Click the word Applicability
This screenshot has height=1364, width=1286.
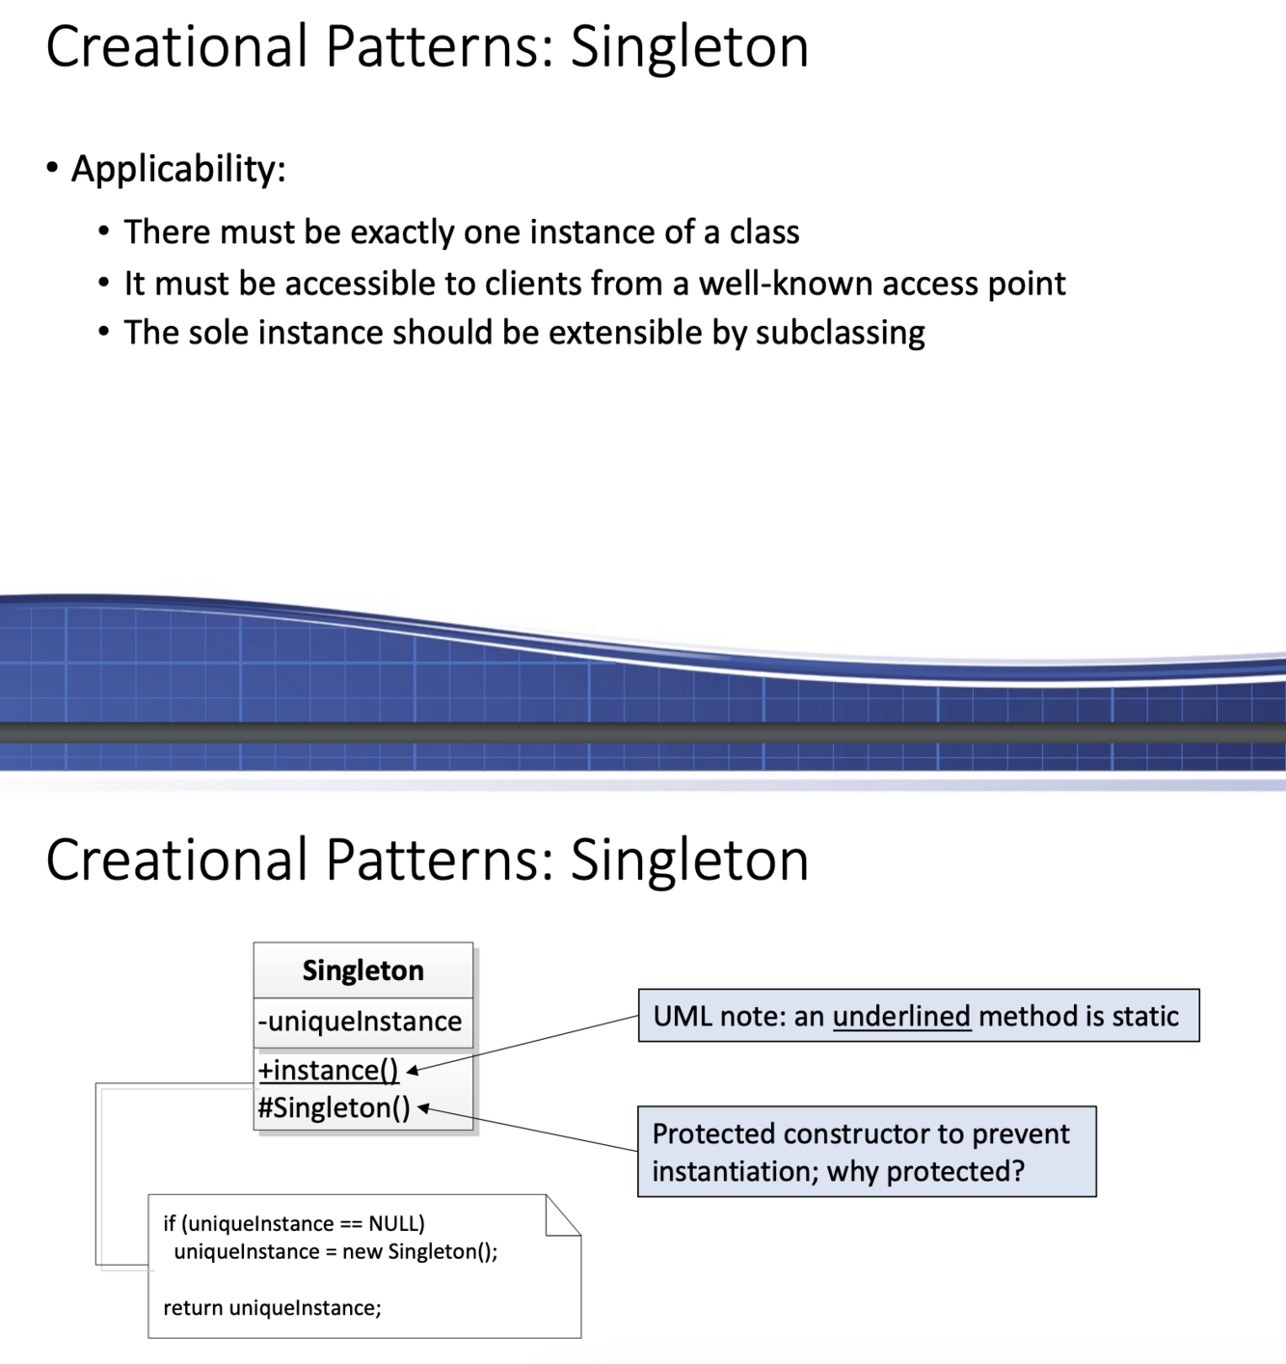point(177,170)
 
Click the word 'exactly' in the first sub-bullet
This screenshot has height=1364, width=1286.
point(402,232)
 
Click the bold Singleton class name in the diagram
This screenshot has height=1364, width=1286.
point(362,970)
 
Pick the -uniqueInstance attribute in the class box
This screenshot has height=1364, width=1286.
point(360,1021)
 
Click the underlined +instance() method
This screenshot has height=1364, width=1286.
point(328,1070)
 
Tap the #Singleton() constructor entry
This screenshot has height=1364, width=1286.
point(334,1107)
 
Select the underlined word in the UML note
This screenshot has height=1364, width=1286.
point(901,1016)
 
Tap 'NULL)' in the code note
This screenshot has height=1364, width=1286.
point(396,1223)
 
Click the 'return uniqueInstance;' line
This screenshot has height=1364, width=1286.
point(272,1308)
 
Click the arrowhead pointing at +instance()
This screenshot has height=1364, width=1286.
point(412,1070)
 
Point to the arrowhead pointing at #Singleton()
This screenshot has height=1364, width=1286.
point(423,1108)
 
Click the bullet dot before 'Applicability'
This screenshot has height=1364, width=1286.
point(52,169)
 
